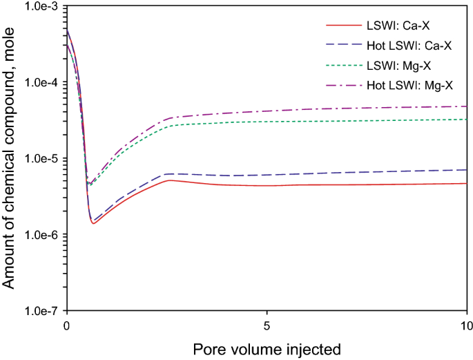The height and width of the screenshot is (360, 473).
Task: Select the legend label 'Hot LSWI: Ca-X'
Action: point(409,46)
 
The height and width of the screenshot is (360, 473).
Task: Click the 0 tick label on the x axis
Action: point(66,324)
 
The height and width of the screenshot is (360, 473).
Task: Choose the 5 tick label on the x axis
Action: point(267,324)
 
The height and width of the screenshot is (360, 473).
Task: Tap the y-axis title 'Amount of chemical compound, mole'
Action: point(9,158)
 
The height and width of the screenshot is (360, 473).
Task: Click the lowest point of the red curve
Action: point(93,223)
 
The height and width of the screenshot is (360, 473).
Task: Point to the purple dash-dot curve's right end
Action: point(467,106)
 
